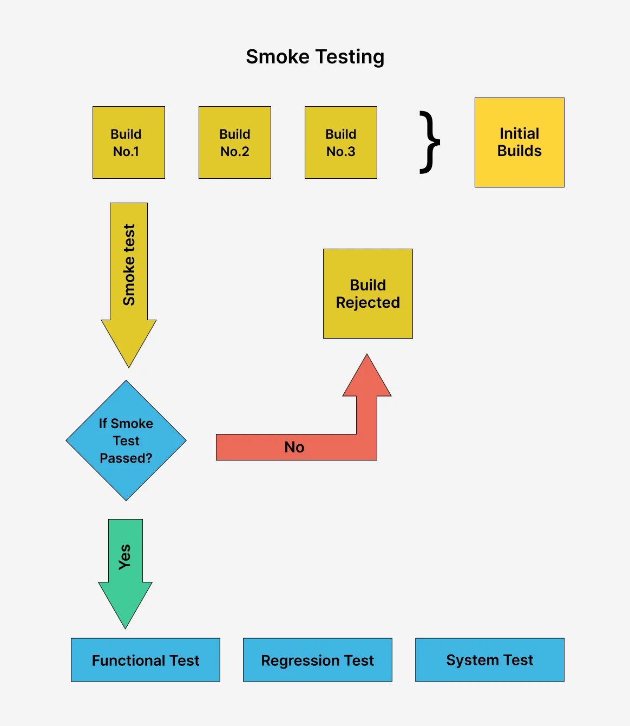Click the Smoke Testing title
[315, 57]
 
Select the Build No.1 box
[129, 142]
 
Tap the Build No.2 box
[235, 142]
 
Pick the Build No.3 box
[341, 142]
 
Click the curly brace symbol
[430, 142]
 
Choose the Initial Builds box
[520, 142]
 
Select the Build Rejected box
[368, 294]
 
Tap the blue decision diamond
[126, 440]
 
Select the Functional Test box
[146, 660]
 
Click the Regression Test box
[318, 660]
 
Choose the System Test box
[490, 660]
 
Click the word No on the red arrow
[294, 447]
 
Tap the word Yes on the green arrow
[125, 557]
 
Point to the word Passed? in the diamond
[126, 458]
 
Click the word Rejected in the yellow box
[368, 302]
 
